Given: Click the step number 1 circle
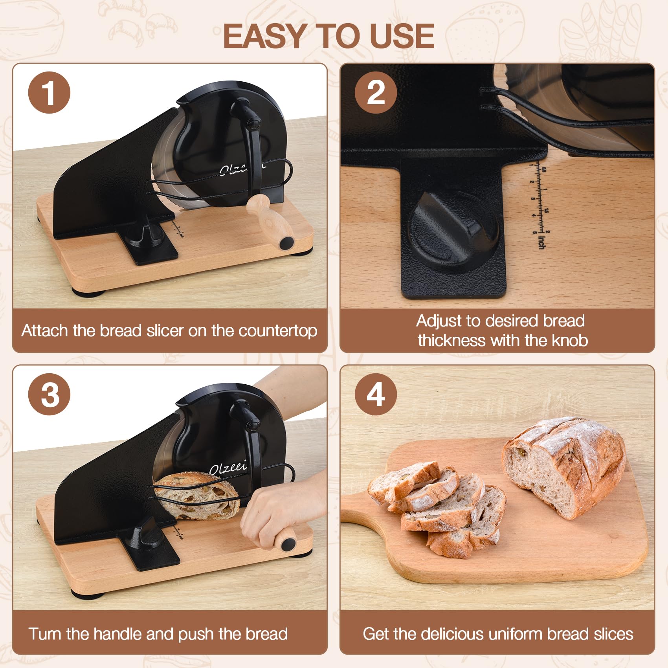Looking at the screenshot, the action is [49, 93].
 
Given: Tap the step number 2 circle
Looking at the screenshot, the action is [376, 93].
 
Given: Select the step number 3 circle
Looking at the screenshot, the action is [49, 394].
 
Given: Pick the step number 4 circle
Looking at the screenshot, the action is [376, 394].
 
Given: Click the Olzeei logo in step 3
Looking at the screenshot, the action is [228, 468].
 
